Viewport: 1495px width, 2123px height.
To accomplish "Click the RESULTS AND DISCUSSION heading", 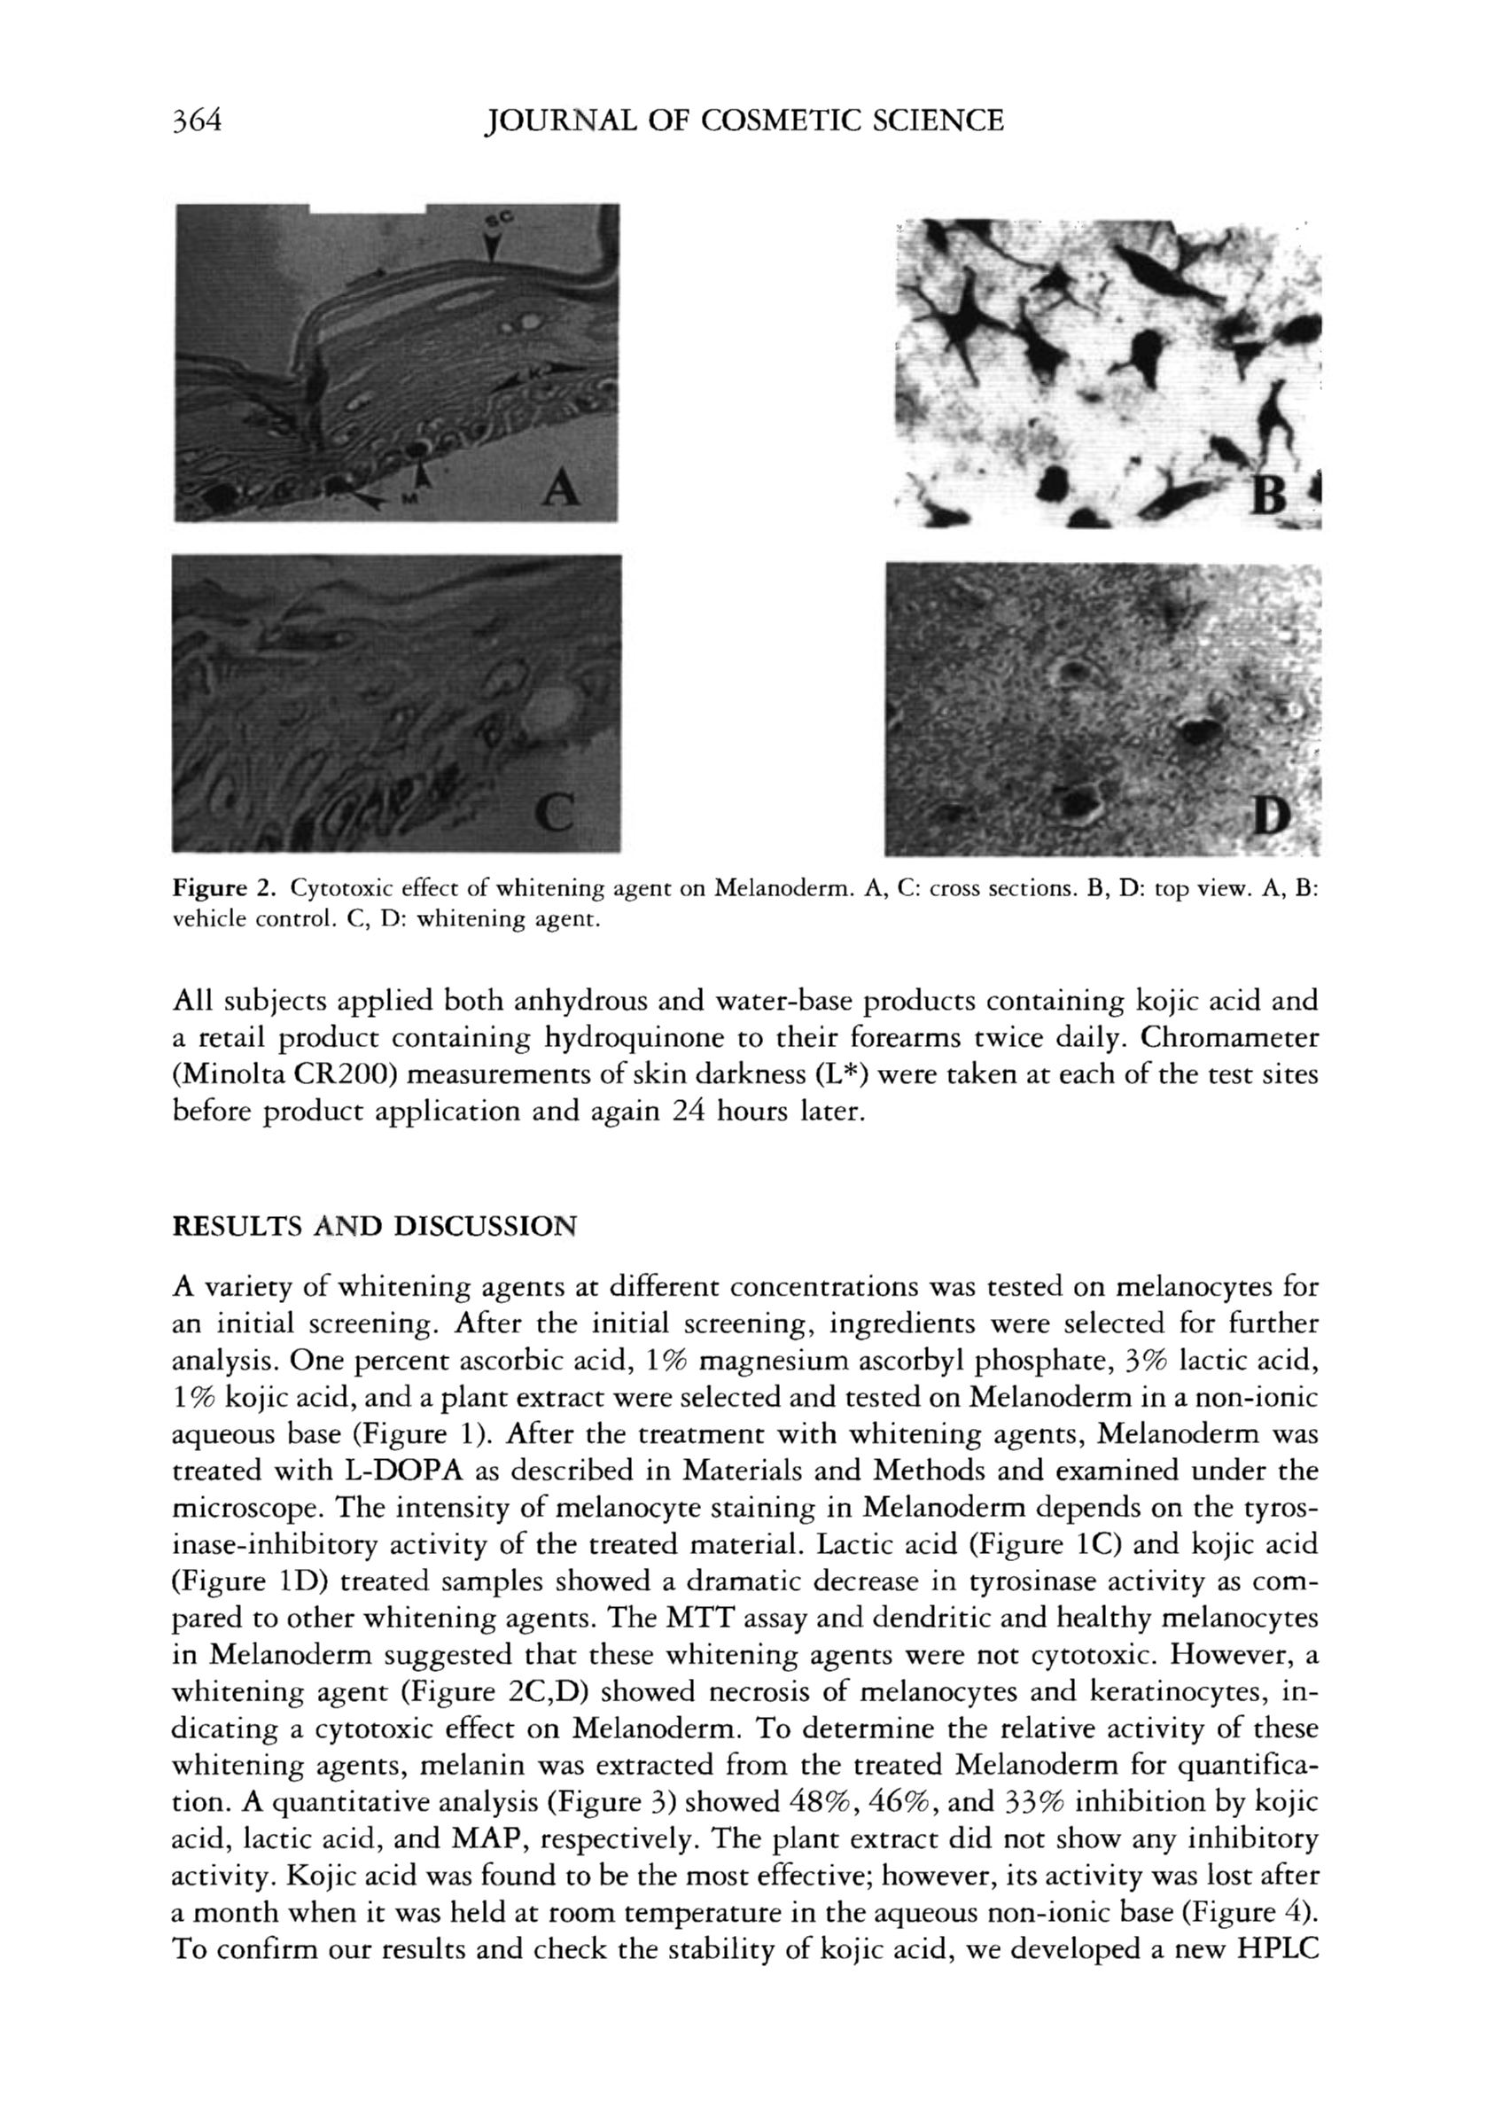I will click(x=375, y=1227).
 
